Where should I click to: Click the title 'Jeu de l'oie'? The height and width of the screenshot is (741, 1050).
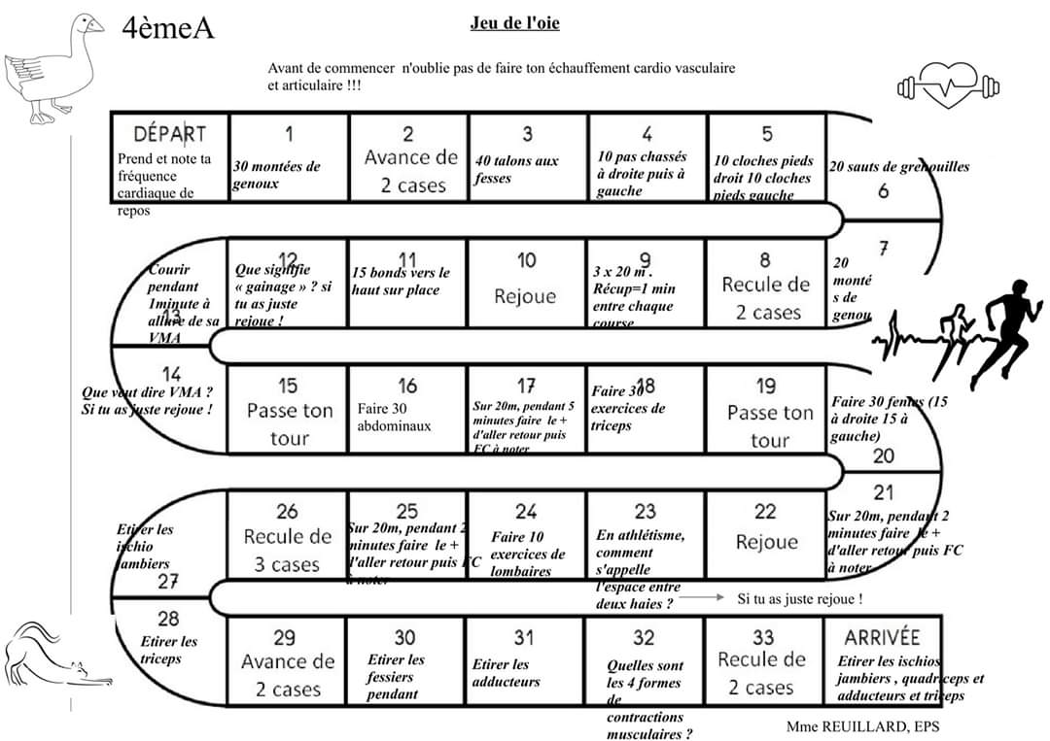pos(514,23)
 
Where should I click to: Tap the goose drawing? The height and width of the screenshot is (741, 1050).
pos(53,68)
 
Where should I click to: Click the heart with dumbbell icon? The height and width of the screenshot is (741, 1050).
pos(947,86)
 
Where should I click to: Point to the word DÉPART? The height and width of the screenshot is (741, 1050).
pos(169,134)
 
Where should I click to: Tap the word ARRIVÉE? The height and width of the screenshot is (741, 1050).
pos(882,637)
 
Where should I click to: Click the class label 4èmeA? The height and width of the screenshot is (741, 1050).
pos(167,29)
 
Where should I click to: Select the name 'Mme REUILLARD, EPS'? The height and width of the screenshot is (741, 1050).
pos(863,726)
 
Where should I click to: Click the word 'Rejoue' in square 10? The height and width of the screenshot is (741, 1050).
pos(525,296)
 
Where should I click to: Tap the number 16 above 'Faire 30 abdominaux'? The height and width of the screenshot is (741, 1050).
pos(407,387)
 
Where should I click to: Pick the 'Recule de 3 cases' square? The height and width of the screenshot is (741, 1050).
pos(287,537)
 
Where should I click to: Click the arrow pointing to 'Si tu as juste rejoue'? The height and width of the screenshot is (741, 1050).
pos(700,599)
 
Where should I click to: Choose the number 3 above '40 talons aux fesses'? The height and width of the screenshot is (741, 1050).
pos(527,134)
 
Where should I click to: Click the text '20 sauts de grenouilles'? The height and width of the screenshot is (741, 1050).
pos(898,167)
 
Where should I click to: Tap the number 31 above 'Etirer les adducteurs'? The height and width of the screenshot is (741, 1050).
pos(524,638)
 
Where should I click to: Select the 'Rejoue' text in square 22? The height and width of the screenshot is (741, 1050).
pos(766,542)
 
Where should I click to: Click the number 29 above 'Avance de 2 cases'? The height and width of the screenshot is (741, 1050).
pos(284,638)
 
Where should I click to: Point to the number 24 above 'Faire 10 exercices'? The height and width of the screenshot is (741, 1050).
pos(526,512)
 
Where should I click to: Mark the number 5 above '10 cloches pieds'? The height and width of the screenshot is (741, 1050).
pos(767,134)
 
